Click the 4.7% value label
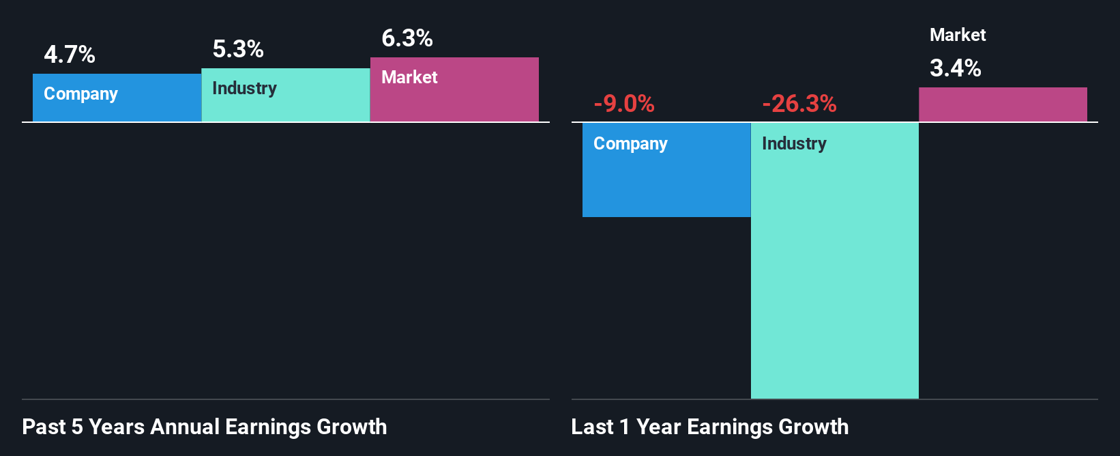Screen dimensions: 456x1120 tap(70, 55)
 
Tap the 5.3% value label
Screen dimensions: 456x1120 tap(238, 49)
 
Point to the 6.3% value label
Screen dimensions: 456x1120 tap(407, 38)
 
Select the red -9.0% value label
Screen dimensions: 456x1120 tap(624, 104)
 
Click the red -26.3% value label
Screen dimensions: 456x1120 tap(799, 104)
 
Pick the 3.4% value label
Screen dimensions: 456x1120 tap(956, 68)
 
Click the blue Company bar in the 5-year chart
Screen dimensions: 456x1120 tap(117, 109)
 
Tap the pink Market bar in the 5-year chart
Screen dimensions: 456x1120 tap(454, 99)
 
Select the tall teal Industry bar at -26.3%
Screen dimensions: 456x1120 tap(835, 273)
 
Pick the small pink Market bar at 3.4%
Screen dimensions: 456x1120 tap(1003, 104)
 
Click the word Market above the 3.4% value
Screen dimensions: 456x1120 tap(958, 35)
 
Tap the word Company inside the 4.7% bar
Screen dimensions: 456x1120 tap(80, 94)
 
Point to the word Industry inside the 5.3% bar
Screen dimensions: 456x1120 tap(244, 88)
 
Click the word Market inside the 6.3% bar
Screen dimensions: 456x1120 tap(409, 77)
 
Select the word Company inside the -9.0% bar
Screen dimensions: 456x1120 tap(630, 143)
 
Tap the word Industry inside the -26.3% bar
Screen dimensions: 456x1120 tap(794, 143)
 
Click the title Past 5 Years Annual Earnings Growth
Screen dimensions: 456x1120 tap(205, 427)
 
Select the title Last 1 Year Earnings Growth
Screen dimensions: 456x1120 tap(710, 427)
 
